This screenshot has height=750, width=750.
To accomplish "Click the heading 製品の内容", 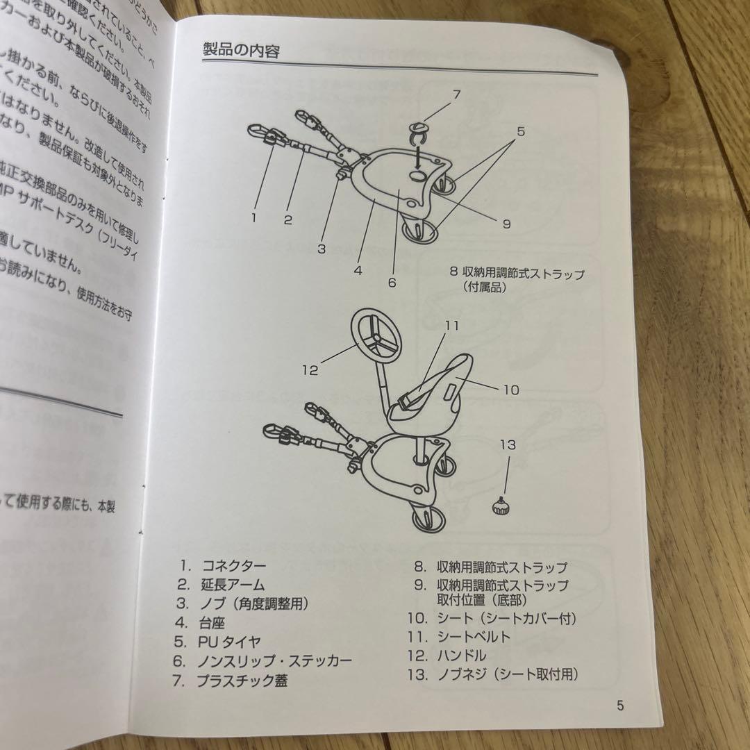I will (240, 50).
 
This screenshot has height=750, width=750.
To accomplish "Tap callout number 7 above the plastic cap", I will (456, 94).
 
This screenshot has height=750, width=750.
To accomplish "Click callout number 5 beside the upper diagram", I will (521, 129).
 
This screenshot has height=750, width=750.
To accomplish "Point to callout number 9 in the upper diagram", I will (506, 224).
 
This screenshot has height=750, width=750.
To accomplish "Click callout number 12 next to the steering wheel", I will (310, 370).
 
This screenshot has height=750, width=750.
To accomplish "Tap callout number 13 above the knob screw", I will (508, 444).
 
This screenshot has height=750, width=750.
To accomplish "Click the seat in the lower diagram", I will (431, 396).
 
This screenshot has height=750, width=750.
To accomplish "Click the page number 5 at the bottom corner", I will (620, 706).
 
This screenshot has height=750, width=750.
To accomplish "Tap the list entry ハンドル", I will (461, 655).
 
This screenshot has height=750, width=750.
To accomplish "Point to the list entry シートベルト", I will (474, 636).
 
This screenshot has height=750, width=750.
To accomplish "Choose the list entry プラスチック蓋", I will (241, 680).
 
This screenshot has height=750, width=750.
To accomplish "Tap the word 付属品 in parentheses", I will (485, 286).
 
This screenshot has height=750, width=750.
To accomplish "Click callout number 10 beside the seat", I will (510, 390).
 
